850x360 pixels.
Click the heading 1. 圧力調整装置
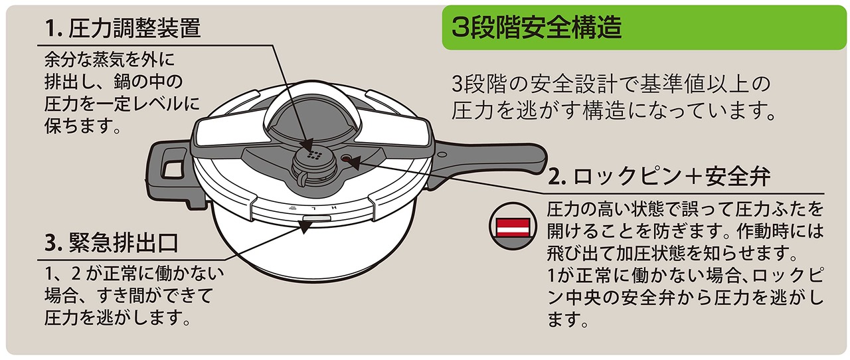pyautogui.click(x=123, y=28)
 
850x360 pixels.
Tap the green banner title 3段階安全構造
pyautogui.click(x=537, y=29)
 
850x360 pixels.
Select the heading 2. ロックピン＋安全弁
pyautogui.click(x=661, y=177)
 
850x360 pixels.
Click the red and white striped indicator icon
pyautogui.click(x=511, y=226)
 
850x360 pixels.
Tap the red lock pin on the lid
pyautogui.click(x=346, y=158)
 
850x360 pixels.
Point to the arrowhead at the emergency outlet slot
pyautogui.click(x=307, y=226)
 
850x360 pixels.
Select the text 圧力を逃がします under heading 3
pyautogui.click(x=118, y=317)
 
